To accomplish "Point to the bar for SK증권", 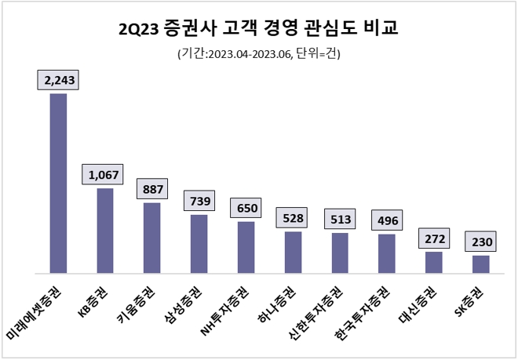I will (481, 264).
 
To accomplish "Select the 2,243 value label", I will (59, 80).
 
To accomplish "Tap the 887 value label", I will (152, 189).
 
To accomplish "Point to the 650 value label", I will (246, 208).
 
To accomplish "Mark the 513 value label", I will (340, 219).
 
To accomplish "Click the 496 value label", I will (387, 220).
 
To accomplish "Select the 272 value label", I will (434, 238).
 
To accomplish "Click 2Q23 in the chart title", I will (137, 29).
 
